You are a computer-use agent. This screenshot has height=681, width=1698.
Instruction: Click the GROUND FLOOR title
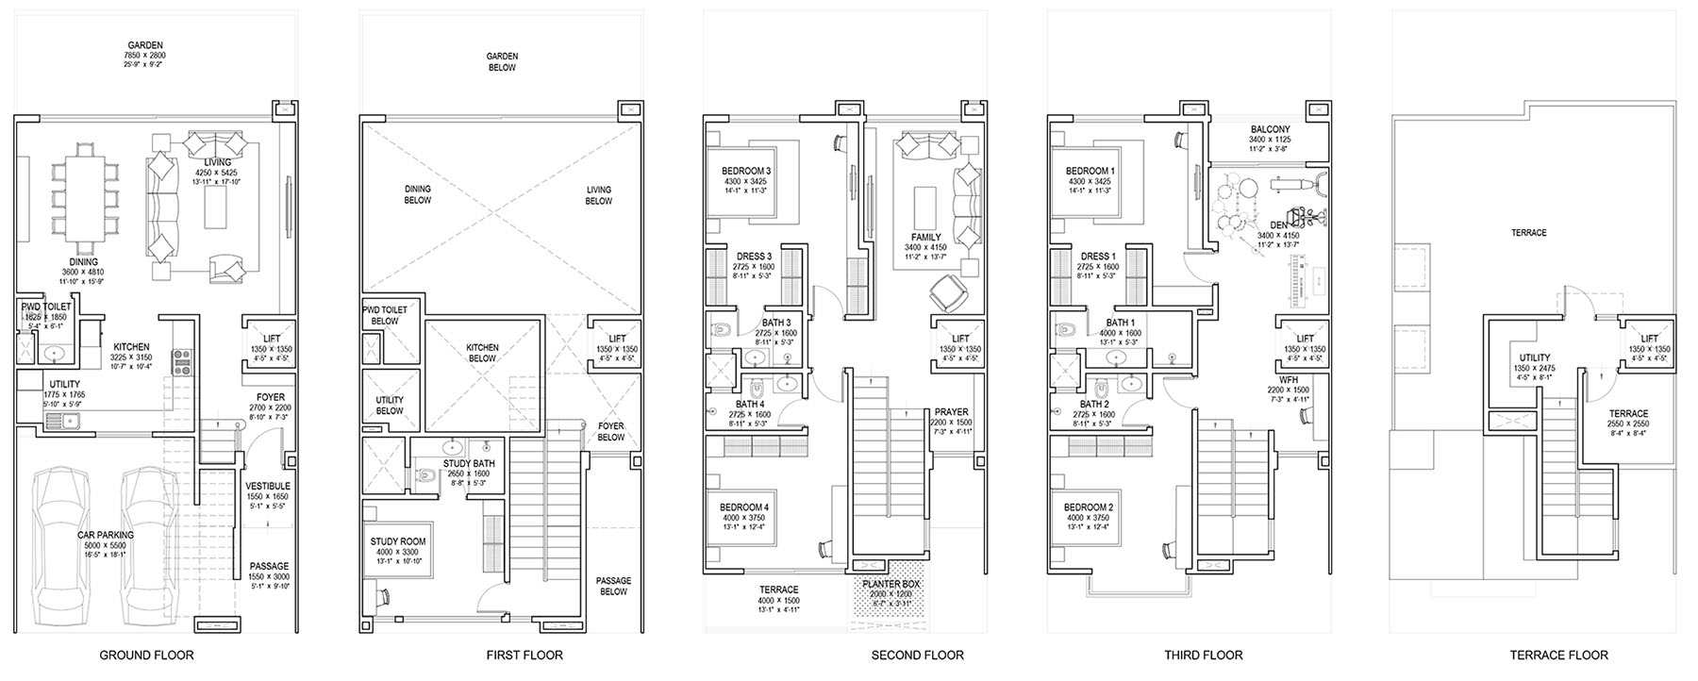146,655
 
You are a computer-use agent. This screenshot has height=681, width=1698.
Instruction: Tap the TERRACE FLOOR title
1558,655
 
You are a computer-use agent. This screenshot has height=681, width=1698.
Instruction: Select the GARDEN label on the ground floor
146,45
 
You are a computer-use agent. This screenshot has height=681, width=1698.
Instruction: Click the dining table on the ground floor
86,198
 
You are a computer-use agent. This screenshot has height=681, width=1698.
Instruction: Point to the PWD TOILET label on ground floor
45,307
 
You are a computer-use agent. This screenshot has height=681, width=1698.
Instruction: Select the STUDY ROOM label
397,542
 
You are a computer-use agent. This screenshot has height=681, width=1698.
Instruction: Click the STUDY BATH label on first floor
469,464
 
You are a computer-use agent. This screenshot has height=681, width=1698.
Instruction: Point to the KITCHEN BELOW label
482,353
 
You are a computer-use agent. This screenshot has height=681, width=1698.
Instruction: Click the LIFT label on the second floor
960,339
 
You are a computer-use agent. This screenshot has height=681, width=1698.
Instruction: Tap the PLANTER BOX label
890,585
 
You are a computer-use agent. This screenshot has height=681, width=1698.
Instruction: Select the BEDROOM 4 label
745,507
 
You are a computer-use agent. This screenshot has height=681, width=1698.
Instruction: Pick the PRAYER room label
951,412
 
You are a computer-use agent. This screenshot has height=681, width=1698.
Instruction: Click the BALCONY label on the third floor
1270,130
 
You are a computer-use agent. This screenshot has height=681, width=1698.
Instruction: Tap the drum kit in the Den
1230,203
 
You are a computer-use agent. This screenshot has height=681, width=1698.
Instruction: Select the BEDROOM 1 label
1089,171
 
